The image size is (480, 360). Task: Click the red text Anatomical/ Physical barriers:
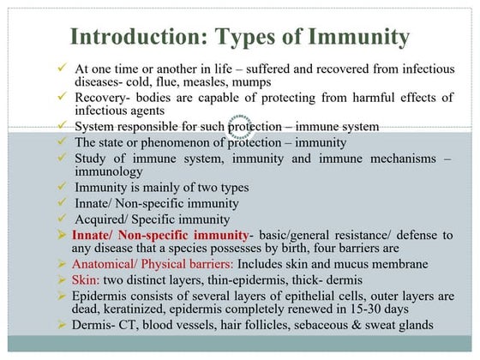152,264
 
